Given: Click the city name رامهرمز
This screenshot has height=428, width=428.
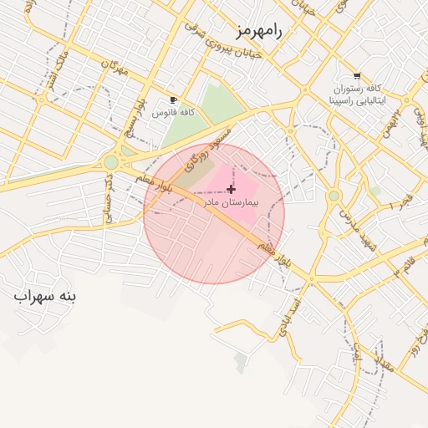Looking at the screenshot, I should (x=259, y=31).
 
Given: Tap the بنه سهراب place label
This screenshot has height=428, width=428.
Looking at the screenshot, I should (x=44, y=296).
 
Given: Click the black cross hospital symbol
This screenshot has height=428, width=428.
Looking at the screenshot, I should (x=231, y=190).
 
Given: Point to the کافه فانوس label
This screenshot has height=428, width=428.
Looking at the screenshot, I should (x=173, y=111).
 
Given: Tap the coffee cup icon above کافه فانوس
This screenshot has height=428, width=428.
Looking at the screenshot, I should (x=173, y=99).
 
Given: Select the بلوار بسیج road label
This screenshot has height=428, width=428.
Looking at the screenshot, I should (x=130, y=125).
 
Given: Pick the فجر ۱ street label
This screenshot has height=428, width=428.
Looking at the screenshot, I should (x=403, y=201).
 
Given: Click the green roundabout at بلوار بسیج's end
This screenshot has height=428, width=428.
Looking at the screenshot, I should (x=111, y=162).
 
